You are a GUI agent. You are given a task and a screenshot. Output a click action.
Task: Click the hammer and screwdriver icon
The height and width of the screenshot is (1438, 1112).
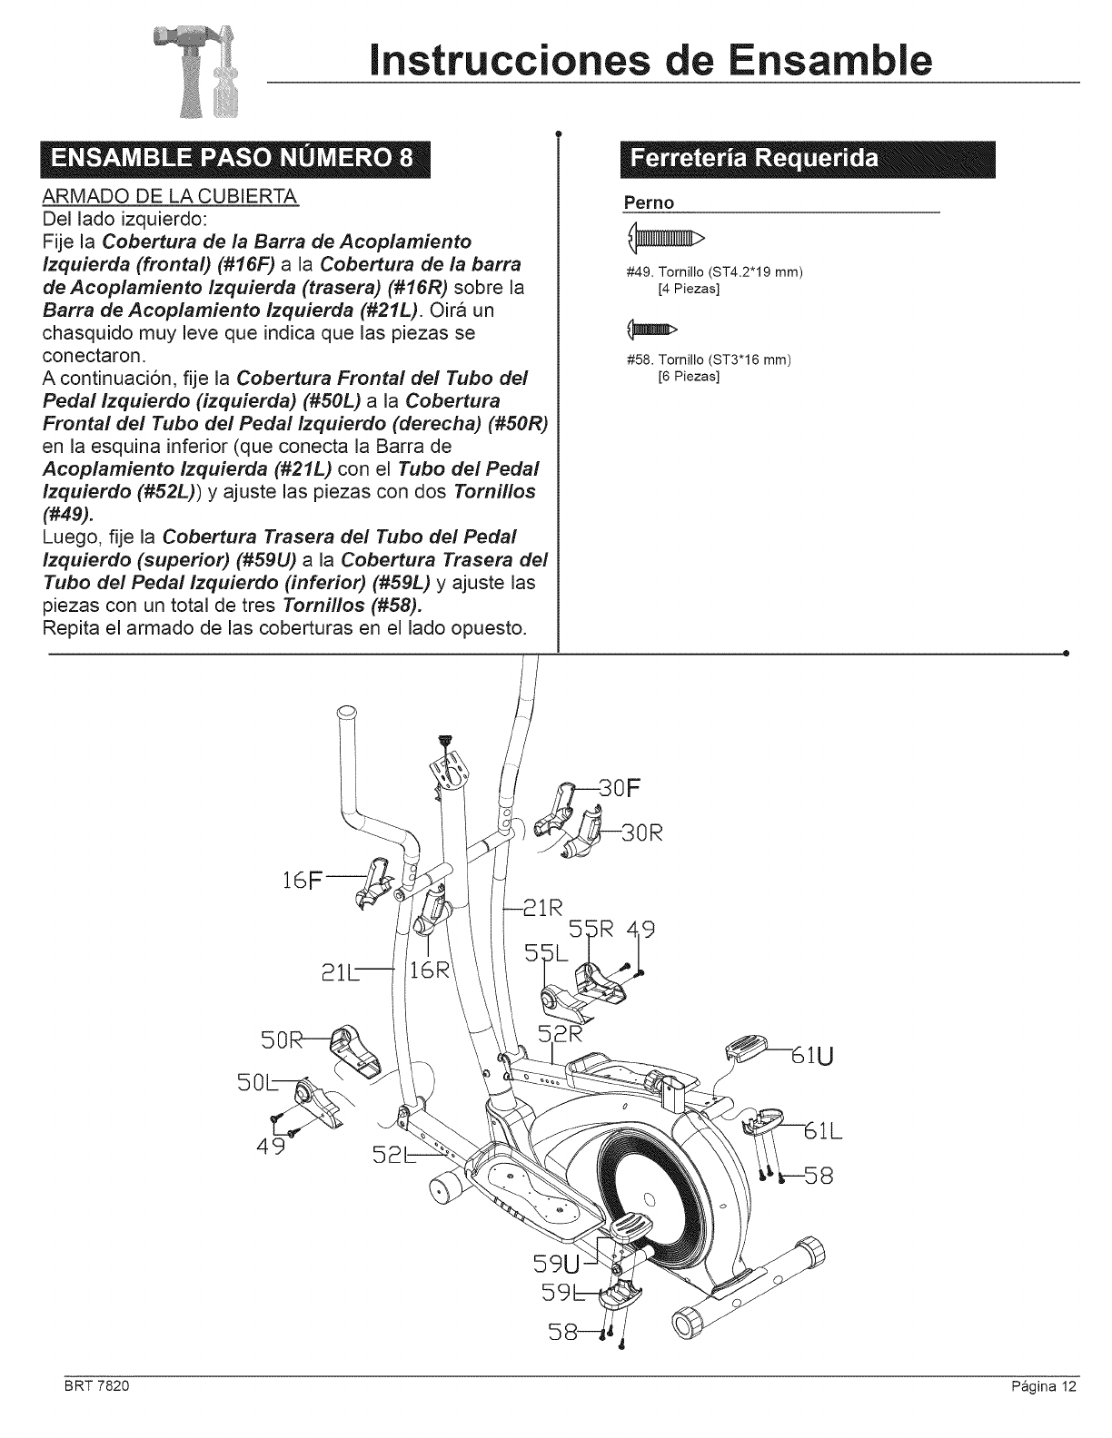(204, 75)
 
